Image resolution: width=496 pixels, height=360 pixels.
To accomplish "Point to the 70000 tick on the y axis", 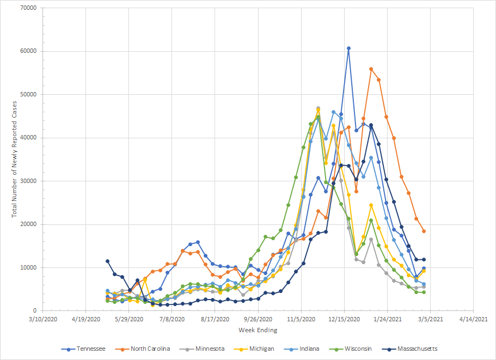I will coord(28,8).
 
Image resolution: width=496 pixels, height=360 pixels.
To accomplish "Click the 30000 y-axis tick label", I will coord(28,181).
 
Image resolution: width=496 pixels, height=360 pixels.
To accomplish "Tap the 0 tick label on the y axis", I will coord(34,310).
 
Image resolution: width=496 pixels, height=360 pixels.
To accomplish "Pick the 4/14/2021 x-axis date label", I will coord(473,320).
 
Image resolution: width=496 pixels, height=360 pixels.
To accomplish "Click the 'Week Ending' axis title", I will coord(258,330).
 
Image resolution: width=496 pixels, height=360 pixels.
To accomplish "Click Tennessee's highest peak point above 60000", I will coord(348,48).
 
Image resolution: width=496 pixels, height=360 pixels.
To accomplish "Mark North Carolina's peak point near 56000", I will coord(371,69).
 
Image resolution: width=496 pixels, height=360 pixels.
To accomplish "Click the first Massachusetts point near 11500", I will coord(107,261).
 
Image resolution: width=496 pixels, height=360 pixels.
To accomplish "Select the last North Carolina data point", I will coord(424,231).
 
